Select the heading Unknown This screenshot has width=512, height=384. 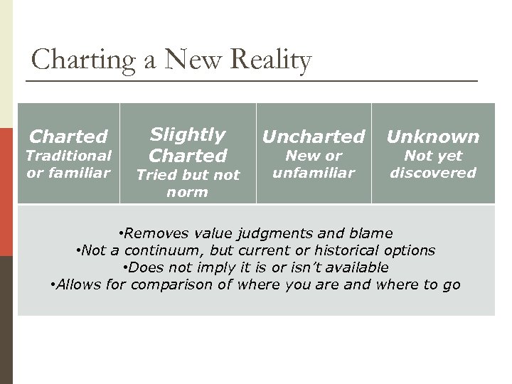point(432,137)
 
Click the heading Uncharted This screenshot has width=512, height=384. point(314,137)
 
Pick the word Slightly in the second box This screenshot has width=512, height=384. point(188,134)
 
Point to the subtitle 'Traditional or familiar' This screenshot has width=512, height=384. point(68,164)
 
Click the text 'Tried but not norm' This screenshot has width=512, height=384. point(188,183)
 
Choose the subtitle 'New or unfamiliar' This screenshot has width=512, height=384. point(314,164)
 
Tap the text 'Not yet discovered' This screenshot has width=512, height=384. point(433,164)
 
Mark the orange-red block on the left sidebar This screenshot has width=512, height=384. point(6,191)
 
